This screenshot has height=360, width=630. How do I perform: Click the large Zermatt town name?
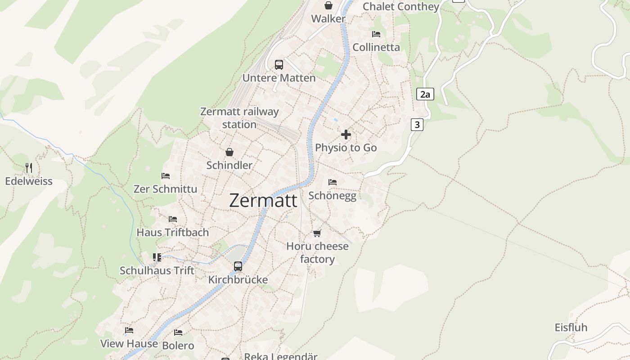click(x=263, y=200)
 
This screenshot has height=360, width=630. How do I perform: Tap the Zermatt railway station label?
click(x=239, y=118)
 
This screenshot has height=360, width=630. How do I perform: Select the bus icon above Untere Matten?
click(x=279, y=65)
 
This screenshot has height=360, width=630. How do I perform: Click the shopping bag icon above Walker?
click(x=328, y=5)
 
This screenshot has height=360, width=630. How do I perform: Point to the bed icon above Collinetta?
click(x=376, y=34)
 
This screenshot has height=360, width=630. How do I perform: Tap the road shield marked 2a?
click(x=425, y=94)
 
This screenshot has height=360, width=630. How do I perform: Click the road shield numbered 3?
click(x=417, y=125)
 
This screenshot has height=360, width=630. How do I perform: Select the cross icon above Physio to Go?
click(x=346, y=135)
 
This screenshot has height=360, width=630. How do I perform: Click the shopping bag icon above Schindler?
click(x=229, y=152)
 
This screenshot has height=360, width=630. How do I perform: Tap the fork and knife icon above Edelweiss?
click(x=29, y=168)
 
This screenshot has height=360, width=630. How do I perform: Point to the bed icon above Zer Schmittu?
click(x=166, y=176)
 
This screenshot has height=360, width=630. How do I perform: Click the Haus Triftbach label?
click(x=173, y=232)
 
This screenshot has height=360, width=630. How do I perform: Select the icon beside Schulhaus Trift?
click(x=157, y=257)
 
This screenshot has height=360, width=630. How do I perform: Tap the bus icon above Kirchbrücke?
click(x=238, y=266)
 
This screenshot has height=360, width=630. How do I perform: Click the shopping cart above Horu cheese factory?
click(x=317, y=233)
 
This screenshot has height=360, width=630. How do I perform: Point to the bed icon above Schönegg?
click(x=333, y=182)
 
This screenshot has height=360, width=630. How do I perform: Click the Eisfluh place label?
click(x=571, y=328)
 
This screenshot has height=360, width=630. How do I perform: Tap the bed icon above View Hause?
click(x=129, y=330)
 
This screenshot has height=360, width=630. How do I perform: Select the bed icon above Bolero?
click(x=178, y=333)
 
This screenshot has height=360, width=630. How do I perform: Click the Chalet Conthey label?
click(x=400, y=6)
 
